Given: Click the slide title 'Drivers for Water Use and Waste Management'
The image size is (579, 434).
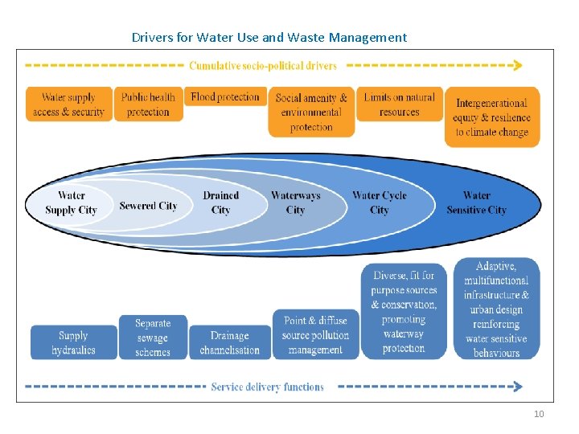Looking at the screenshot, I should point(269,37).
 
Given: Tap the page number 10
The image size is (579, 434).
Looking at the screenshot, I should point(538,414).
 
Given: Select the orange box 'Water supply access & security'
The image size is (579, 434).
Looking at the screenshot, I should point(68,104).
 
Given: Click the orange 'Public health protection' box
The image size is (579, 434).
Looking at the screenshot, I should point(148,104).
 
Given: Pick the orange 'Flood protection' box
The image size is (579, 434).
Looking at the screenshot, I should point(225,97).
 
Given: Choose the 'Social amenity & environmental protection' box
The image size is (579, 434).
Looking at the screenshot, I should point(311,113).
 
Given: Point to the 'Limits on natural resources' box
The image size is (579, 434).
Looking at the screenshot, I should point(399,104).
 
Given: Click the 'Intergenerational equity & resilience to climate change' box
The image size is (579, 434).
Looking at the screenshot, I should point(491,117).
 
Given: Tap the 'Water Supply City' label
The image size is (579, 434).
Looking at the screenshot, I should point(71,203).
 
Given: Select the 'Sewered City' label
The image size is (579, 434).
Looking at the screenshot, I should point(148,206).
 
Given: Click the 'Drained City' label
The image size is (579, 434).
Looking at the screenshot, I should point(221,203).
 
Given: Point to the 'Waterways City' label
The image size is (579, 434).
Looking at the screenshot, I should point(295,203).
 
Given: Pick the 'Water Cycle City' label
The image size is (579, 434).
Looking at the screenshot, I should point(379,203).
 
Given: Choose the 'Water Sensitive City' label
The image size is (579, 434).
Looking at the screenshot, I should point(477,203).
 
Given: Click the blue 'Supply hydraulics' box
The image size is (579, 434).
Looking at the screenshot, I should point(73,342).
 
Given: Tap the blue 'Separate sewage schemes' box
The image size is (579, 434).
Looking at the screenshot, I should point(153,337).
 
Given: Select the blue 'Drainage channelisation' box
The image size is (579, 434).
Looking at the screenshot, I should point(229,342).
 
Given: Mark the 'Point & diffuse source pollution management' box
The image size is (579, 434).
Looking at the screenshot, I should point(315,334).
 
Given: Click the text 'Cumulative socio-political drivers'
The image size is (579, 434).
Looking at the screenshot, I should point(263,65).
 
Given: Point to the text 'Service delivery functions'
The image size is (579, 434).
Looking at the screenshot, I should point(267,387).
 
